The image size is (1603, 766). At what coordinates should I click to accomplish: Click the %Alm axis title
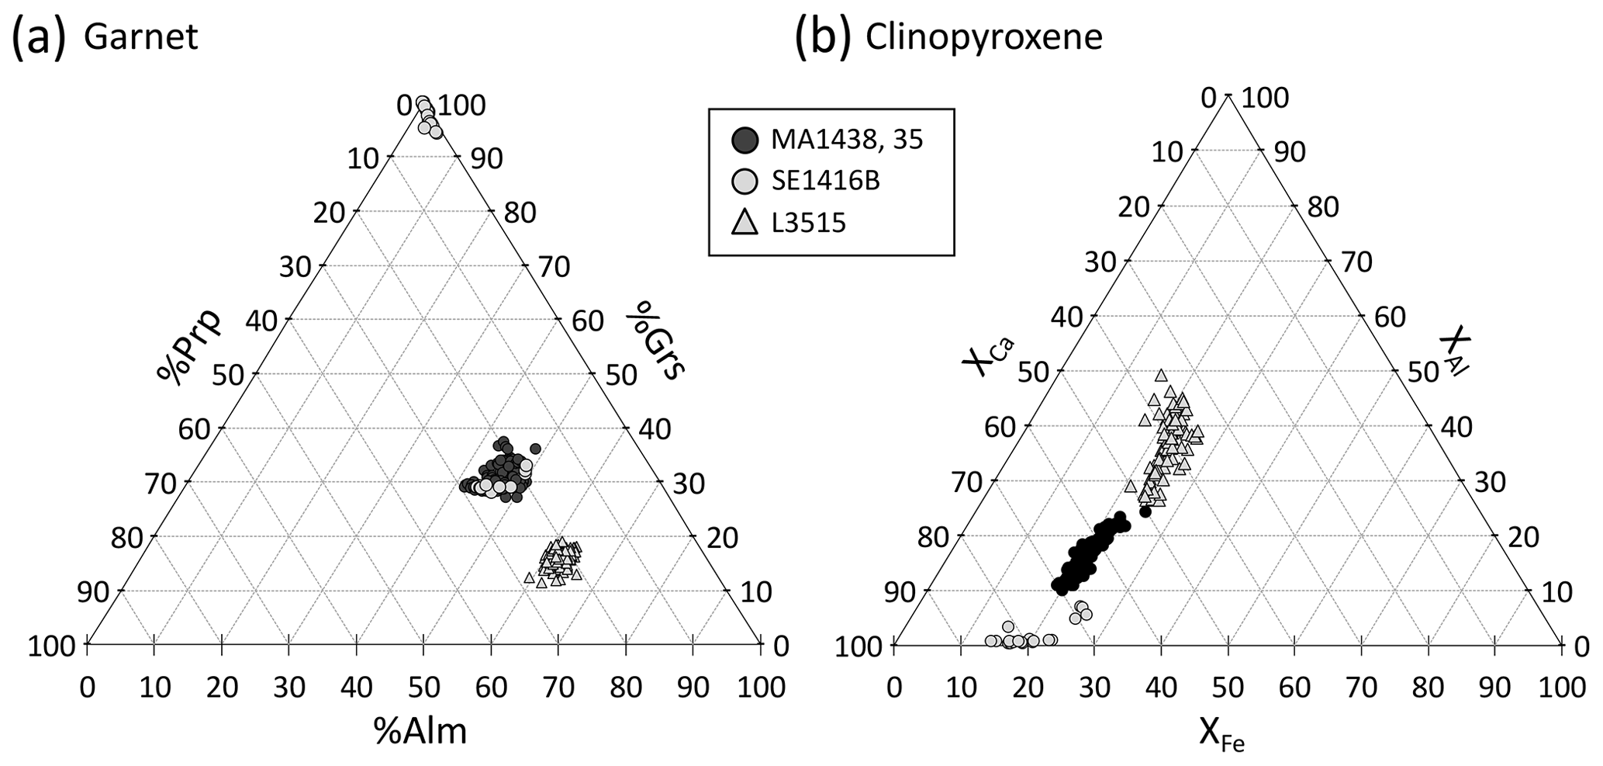pos(420,730)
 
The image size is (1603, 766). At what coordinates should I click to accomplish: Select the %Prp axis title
pos(188,345)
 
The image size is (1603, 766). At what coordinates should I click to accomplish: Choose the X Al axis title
pos(1455,355)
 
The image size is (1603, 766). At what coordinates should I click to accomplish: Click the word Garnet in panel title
pos(140,37)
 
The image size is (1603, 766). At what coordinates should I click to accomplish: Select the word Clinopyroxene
pos(983,37)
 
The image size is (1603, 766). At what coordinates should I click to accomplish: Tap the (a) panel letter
pos(37,37)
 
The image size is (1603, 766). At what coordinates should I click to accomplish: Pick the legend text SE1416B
pos(825,182)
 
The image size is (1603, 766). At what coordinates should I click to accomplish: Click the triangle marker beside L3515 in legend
pos(744,224)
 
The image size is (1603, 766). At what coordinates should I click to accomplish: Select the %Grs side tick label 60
pos(588,321)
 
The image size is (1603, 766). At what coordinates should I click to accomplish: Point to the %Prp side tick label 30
pos(295,267)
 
